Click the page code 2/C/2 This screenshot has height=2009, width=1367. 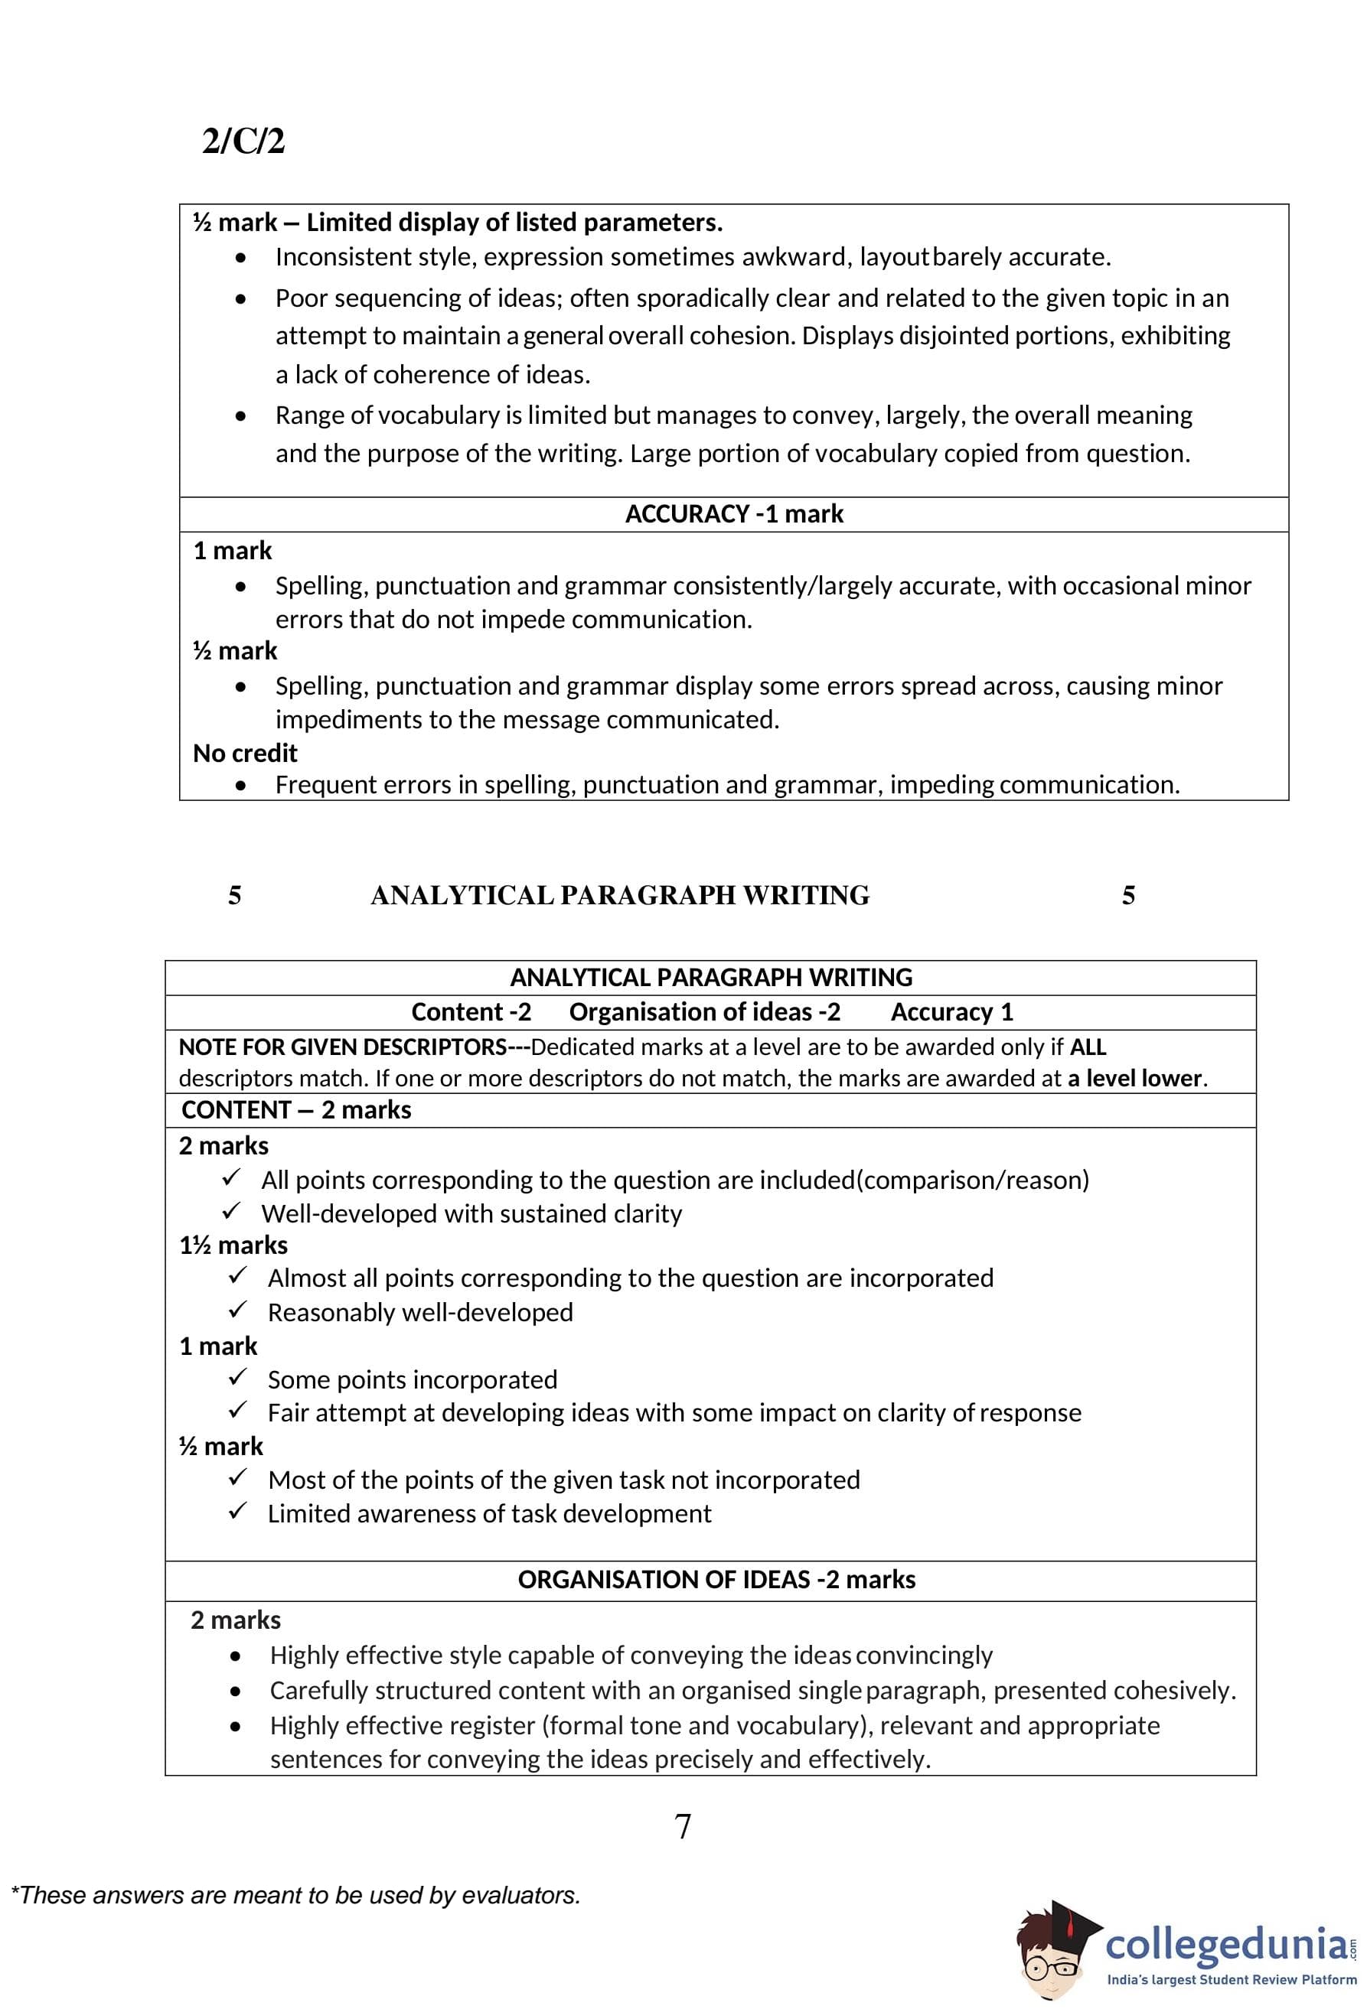tap(243, 141)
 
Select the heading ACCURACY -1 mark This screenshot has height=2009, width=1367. tap(733, 514)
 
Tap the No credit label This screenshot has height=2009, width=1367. tap(245, 753)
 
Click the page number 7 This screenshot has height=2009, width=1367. tap(682, 1827)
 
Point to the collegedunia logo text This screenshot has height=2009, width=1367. tap(1226, 1945)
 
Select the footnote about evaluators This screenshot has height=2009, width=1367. tap(295, 1895)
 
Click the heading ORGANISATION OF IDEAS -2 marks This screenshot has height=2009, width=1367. tap(716, 1579)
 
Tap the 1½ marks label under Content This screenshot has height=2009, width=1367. tap(233, 1245)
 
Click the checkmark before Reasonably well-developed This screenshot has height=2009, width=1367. tap(238, 1311)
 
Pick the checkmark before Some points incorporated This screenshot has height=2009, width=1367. tap(238, 1378)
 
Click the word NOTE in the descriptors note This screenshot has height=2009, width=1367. tap(203, 1047)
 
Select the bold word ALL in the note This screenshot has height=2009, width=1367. tap(1088, 1047)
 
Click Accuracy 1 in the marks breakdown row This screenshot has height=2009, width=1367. tap(951, 1012)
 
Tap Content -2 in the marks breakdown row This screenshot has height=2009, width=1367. tap(471, 1012)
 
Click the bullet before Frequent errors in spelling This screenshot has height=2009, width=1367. tap(240, 785)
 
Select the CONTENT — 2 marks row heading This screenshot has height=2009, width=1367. tap(295, 1110)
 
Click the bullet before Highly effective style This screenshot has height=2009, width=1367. tap(235, 1656)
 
